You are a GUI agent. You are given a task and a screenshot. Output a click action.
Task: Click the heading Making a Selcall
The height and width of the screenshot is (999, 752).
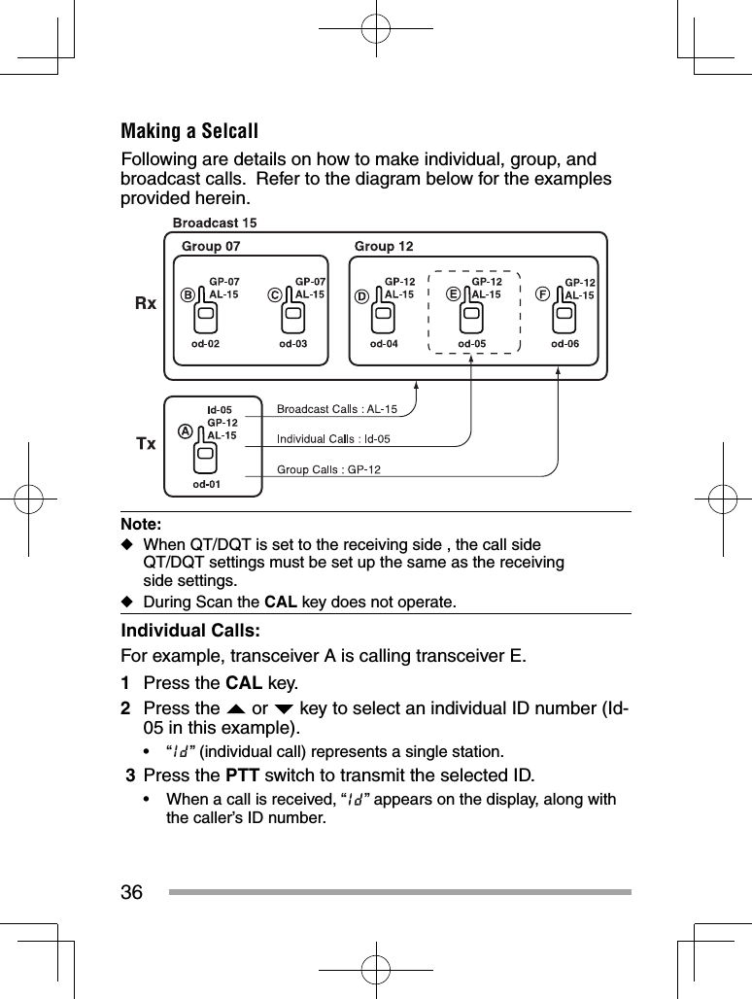coord(189,131)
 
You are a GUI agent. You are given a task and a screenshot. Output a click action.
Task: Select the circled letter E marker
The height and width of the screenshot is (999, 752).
coord(453,293)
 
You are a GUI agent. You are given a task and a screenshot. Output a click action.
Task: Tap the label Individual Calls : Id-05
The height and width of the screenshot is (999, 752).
coord(334,438)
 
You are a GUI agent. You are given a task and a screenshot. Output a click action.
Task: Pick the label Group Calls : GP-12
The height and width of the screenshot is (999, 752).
coord(329,470)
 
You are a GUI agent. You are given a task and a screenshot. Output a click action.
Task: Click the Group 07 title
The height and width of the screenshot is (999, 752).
coord(211,247)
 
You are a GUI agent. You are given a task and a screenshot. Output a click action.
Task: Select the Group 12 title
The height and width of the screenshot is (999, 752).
coord(384,247)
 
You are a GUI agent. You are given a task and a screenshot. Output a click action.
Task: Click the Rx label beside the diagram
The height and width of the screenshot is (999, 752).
coord(145,303)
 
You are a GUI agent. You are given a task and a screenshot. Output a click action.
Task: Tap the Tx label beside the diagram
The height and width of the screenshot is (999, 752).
coord(145,443)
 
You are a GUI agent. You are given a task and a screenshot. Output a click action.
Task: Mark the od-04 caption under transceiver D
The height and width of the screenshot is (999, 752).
coord(384,343)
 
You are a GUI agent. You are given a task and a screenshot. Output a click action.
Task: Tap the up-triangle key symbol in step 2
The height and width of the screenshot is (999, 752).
coord(237,707)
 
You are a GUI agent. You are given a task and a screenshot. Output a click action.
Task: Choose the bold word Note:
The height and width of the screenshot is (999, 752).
coord(141,524)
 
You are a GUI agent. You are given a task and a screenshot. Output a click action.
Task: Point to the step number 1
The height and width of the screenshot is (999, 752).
coord(125,681)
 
